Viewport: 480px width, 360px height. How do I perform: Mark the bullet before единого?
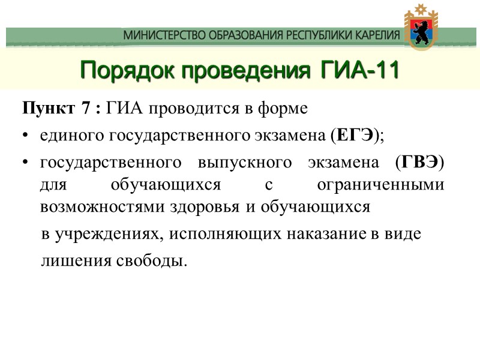(x=25, y=137)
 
